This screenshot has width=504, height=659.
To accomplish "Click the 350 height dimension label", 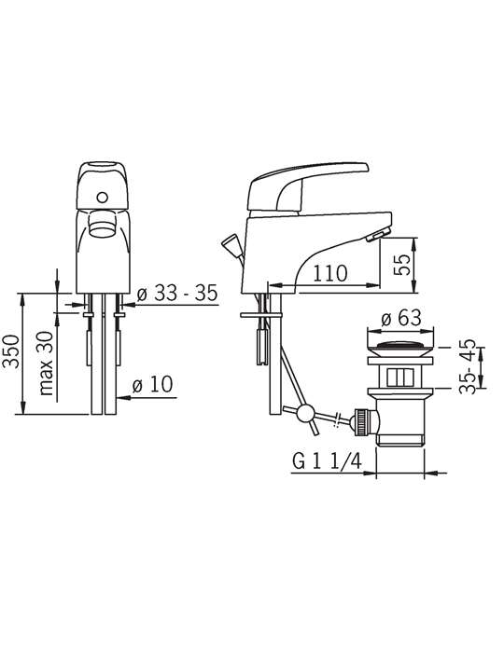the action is [11, 351].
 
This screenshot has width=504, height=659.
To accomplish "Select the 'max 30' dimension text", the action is [47, 364].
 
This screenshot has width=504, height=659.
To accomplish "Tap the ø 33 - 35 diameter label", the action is [177, 293].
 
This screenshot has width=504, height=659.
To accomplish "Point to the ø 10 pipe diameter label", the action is [152, 384].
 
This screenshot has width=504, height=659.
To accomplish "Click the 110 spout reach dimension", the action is [330, 274].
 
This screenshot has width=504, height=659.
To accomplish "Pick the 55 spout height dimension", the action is [403, 265].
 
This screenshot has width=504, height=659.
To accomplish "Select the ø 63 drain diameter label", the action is [401, 318].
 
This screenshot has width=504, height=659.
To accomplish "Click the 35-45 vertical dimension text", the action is [468, 365].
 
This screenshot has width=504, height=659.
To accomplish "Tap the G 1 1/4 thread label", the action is [327, 461].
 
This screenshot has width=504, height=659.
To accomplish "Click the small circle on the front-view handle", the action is [102, 197].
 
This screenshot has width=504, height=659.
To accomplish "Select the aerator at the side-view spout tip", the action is [376, 236].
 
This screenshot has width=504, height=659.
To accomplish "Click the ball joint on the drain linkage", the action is [305, 414].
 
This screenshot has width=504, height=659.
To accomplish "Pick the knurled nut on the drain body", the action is [363, 421].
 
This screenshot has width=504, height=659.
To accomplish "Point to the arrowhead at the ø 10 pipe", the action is [124, 397].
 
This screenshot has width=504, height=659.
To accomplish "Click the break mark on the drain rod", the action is [337, 419].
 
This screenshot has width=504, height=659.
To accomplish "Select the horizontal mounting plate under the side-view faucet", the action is [260, 314].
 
